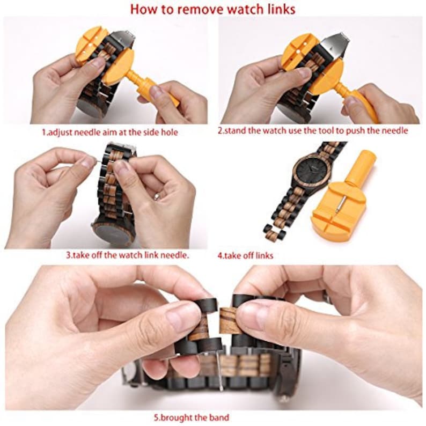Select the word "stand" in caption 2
[236, 131]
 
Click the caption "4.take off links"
[245, 255]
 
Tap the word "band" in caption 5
[219, 417]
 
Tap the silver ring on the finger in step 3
[157, 196]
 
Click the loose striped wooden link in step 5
[230, 320]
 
